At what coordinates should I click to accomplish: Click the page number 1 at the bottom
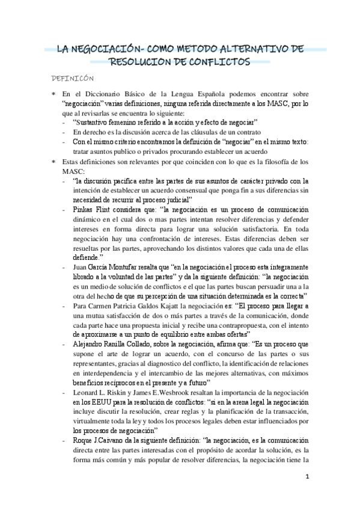pos(307,478)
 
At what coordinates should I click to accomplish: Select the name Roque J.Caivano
pos(101,441)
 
